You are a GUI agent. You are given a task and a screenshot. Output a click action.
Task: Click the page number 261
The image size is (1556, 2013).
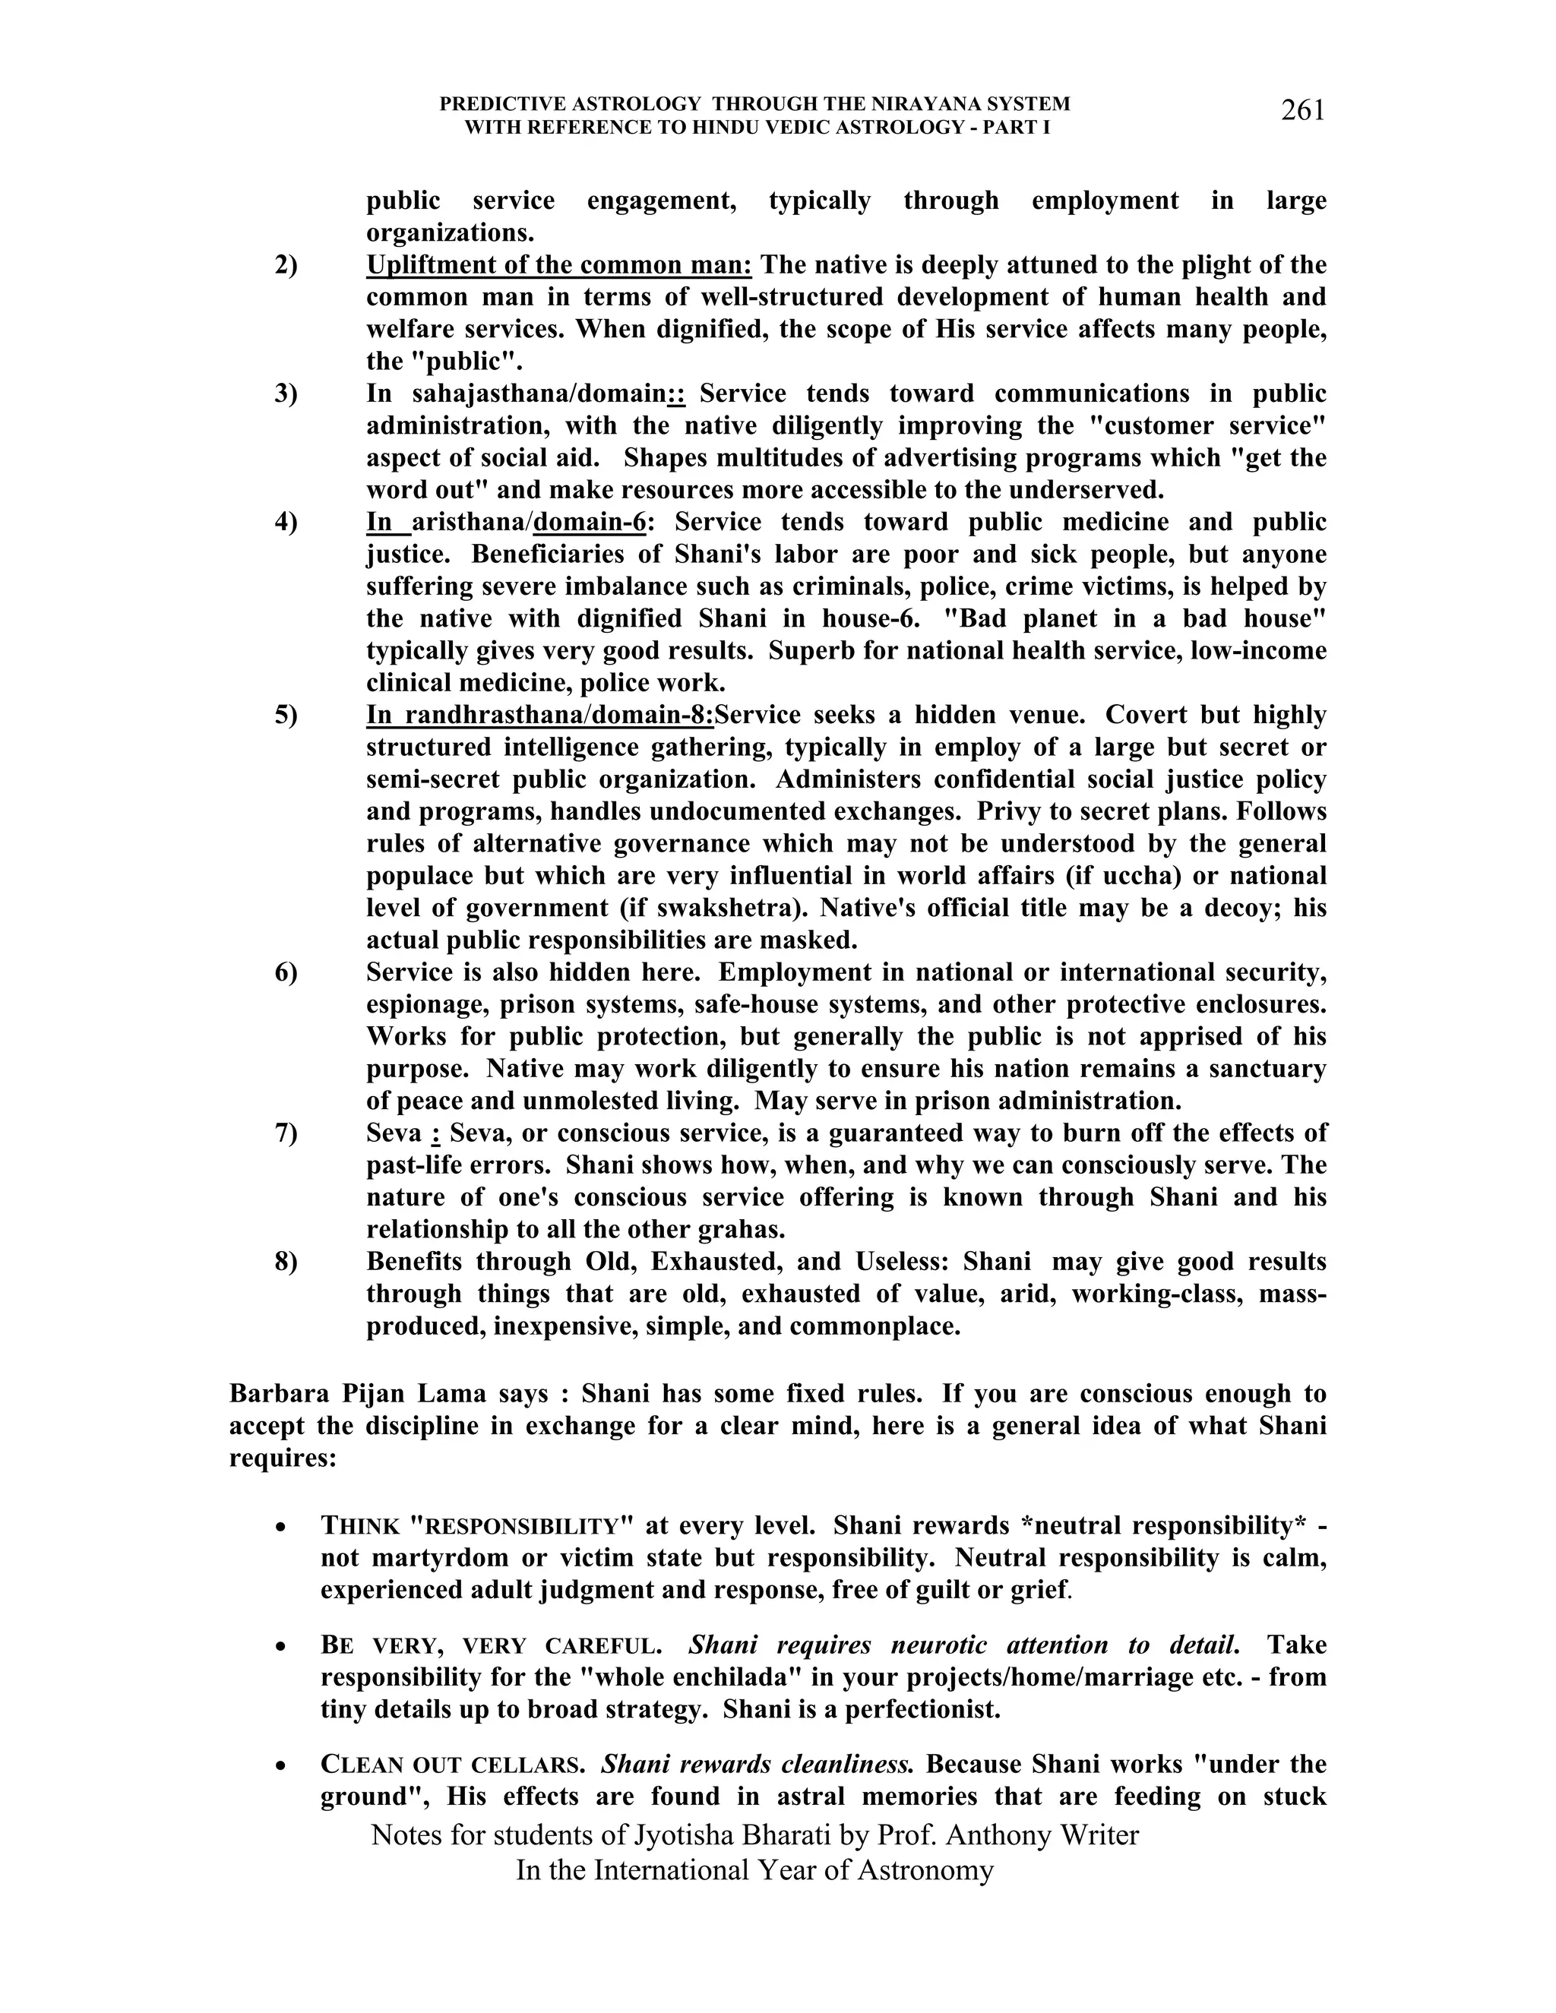click(x=1302, y=111)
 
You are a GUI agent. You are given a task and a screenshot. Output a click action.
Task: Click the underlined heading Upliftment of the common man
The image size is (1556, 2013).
click(x=558, y=265)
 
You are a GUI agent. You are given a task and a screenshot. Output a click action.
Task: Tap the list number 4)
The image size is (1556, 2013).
click(x=286, y=523)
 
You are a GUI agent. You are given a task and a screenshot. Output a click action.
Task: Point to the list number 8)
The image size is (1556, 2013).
click(x=286, y=1262)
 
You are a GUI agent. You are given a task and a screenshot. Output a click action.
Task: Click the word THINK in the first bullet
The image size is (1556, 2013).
click(x=360, y=1526)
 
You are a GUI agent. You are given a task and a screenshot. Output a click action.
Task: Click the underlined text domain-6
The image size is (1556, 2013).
click(x=590, y=523)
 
